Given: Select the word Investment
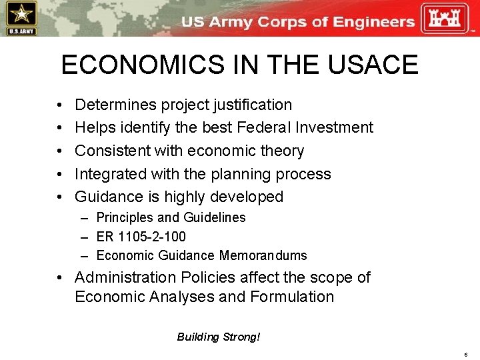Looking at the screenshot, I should [x=333, y=127].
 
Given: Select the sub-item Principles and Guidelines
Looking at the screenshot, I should [x=171, y=217].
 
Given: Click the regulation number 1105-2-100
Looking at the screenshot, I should [x=153, y=237].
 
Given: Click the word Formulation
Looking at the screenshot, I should [x=292, y=297].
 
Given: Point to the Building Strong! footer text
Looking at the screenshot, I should [x=219, y=337].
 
